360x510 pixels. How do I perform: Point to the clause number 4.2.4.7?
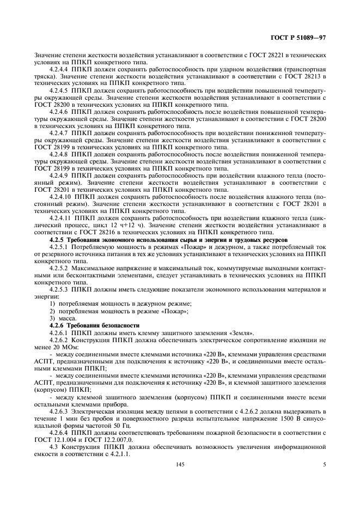point(59,132)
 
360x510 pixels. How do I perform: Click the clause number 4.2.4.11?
point(60,217)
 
